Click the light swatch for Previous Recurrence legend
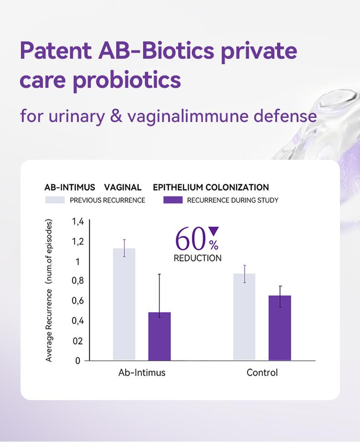[x=54, y=200]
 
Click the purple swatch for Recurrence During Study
[x=173, y=200]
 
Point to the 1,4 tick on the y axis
[x=78, y=222]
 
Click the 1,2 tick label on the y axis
[x=78, y=241]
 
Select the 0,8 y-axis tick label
[x=78, y=281]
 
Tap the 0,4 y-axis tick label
[x=78, y=320]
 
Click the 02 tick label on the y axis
[x=78, y=340]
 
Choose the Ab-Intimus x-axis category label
[x=142, y=372]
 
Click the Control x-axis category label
[x=262, y=372]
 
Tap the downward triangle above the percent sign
[x=213, y=231]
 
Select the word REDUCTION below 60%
[x=197, y=258]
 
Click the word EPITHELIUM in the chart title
[x=178, y=187]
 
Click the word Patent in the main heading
[x=55, y=51]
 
